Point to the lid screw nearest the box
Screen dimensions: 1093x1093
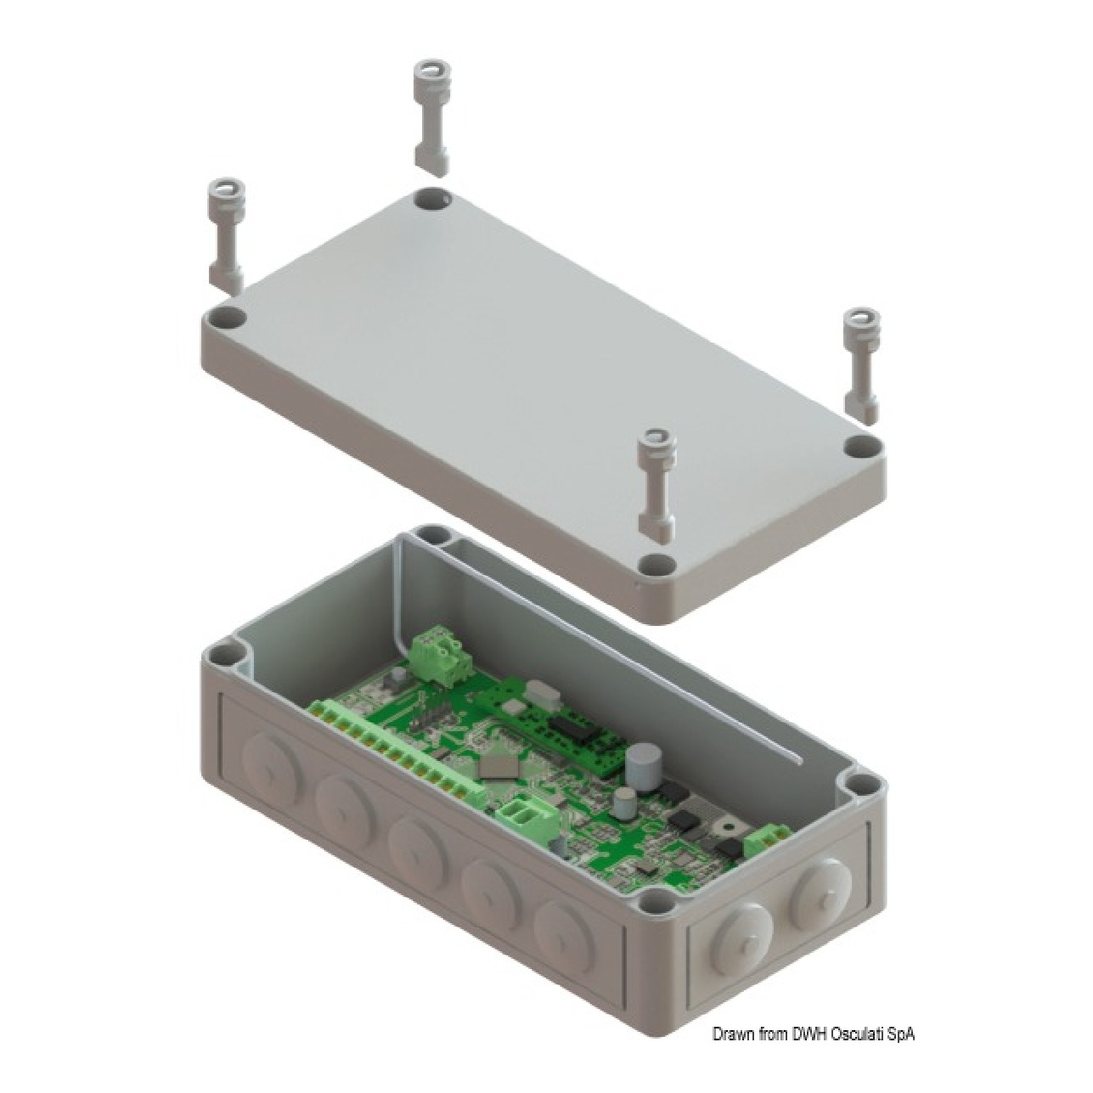pos(656,482)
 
